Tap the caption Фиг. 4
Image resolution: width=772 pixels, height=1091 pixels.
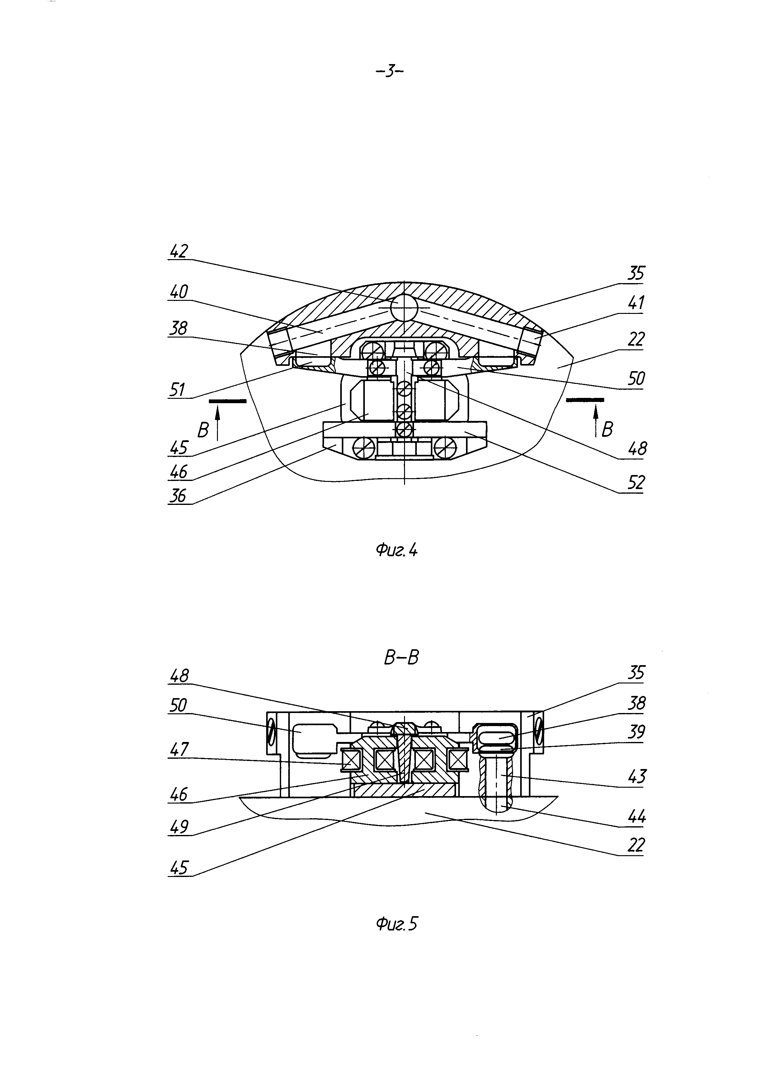click(x=397, y=550)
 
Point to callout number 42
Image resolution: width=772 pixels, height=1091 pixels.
click(x=179, y=251)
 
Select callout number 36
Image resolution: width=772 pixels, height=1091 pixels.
click(x=179, y=496)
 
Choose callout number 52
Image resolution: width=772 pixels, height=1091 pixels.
click(x=636, y=483)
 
